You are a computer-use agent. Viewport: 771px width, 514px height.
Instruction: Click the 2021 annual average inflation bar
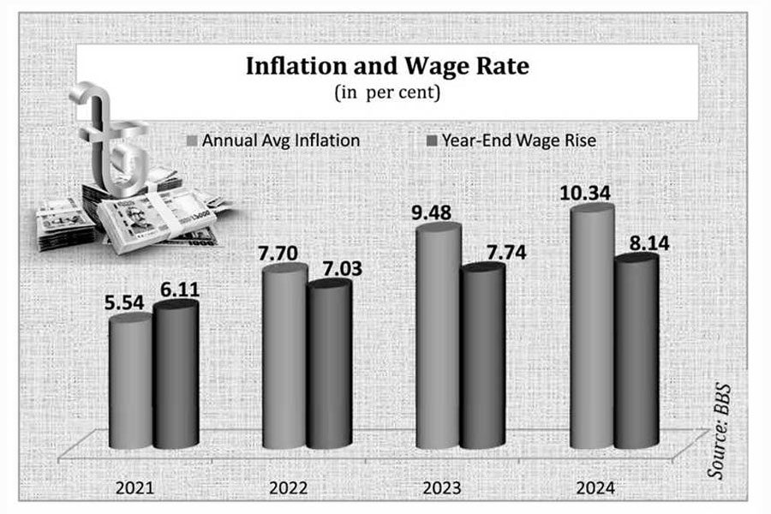(x=131, y=381)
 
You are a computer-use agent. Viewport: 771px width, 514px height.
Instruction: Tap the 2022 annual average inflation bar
(x=284, y=356)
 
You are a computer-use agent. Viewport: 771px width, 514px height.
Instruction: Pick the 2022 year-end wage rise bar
(x=329, y=364)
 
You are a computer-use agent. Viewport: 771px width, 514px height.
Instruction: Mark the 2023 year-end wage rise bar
(x=482, y=356)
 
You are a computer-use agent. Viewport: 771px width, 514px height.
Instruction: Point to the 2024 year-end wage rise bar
(x=637, y=351)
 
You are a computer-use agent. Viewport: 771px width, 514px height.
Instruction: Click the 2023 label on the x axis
(x=441, y=488)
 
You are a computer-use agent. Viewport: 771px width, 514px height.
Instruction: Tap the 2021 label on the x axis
(x=134, y=488)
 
